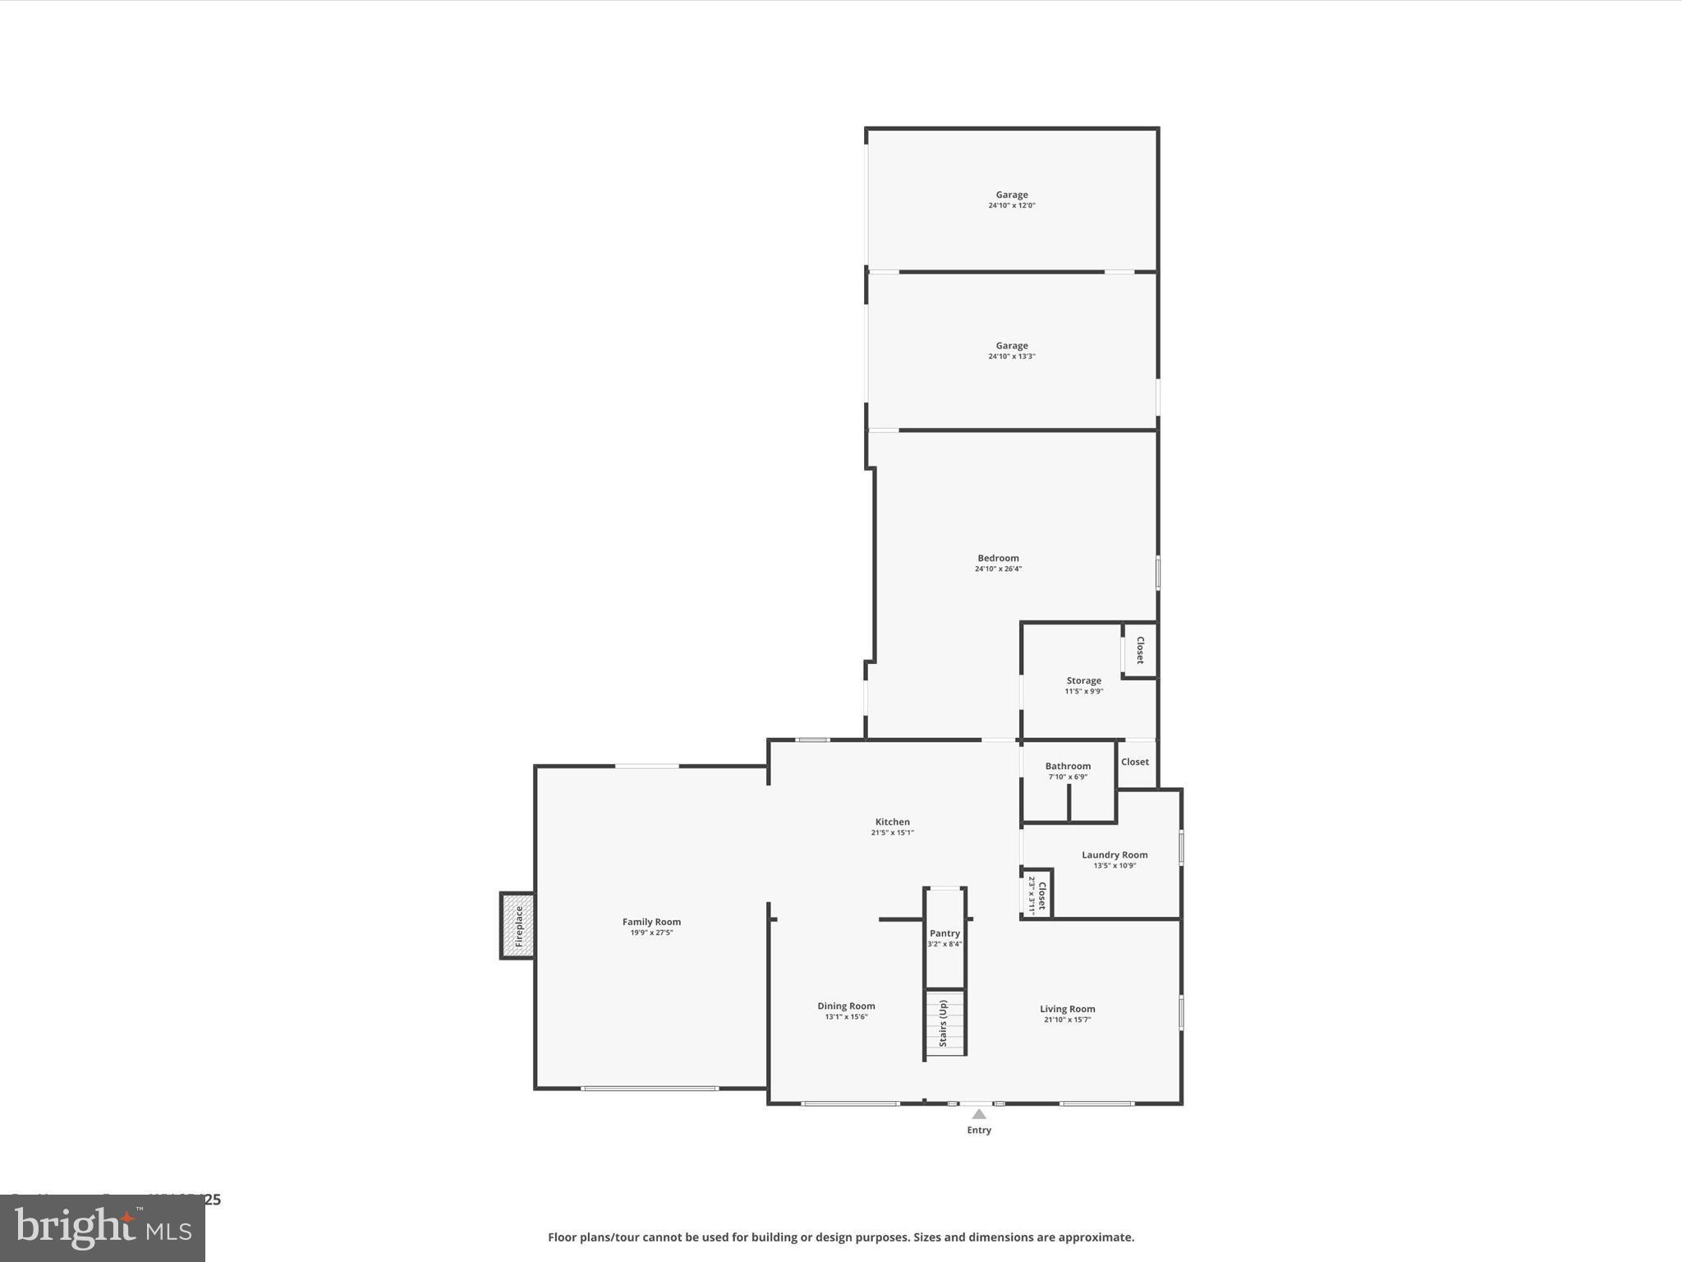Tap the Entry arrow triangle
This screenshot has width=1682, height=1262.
[x=979, y=1114]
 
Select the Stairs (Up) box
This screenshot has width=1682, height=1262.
[x=945, y=1024]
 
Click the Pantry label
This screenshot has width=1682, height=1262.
[x=944, y=933]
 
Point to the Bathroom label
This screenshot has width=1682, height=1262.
[x=1068, y=766]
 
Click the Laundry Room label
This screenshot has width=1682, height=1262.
[x=1114, y=854]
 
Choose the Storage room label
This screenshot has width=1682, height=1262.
[x=1083, y=680]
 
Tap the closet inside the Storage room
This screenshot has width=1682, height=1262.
[x=1140, y=650]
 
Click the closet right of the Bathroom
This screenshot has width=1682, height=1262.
[x=1135, y=762]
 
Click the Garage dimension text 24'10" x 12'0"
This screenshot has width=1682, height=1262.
[x=1012, y=205]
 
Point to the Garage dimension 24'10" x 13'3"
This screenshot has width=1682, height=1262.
[x=1012, y=357]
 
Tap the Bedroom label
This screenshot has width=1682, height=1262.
[x=998, y=558]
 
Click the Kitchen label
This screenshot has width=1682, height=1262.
[x=892, y=822]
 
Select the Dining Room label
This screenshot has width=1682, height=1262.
[x=846, y=1006]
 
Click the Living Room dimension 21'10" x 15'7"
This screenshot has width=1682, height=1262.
[x=1067, y=1020]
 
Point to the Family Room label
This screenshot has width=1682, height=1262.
[x=651, y=922]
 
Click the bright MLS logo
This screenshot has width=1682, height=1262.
[x=103, y=1228]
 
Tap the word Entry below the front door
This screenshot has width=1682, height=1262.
[x=979, y=1131]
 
